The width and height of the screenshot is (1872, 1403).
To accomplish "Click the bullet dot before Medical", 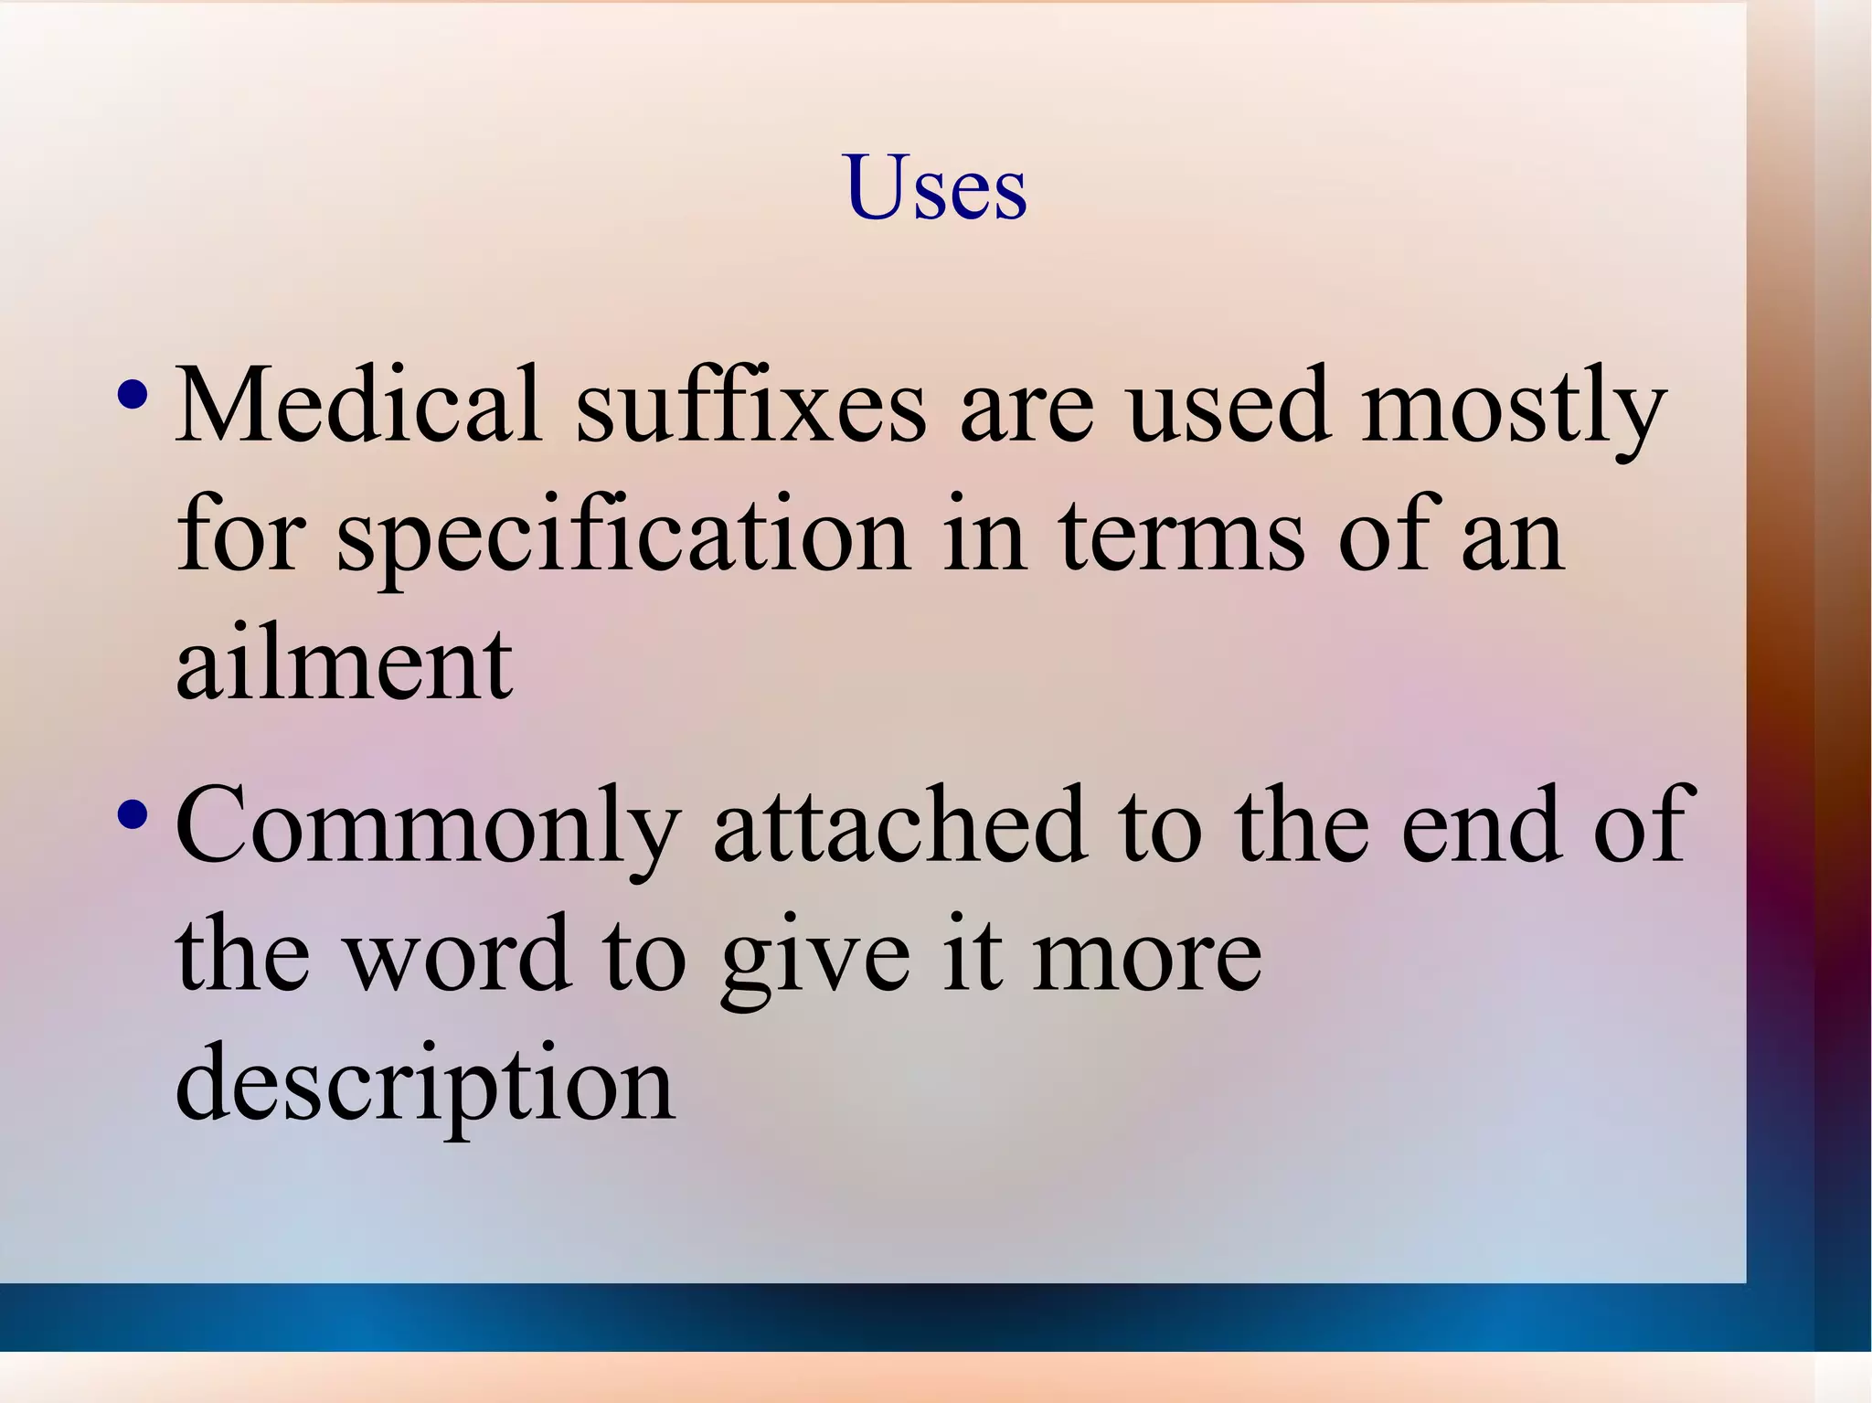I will [133, 396].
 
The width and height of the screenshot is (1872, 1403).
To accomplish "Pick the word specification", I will [623, 537].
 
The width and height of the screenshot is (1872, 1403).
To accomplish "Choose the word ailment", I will [344, 664].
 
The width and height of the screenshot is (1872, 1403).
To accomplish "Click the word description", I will [425, 1085].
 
